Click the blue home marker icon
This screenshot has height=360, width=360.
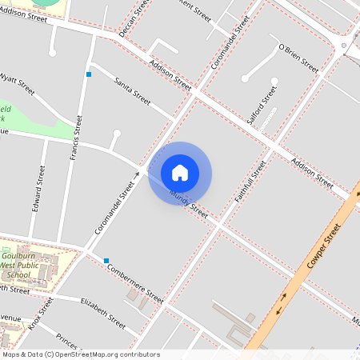point(180,173)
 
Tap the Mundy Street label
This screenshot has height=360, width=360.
point(189,206)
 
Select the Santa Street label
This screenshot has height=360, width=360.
point(133,91)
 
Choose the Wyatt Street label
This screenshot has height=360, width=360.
point(18,82)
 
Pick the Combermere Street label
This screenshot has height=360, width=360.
point(134,283)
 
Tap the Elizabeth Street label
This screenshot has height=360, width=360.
point(103,312)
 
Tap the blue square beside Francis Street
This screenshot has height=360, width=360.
point(89,74)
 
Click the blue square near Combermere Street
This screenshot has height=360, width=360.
point(106,260)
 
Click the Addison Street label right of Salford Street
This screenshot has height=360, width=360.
point(312,173)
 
